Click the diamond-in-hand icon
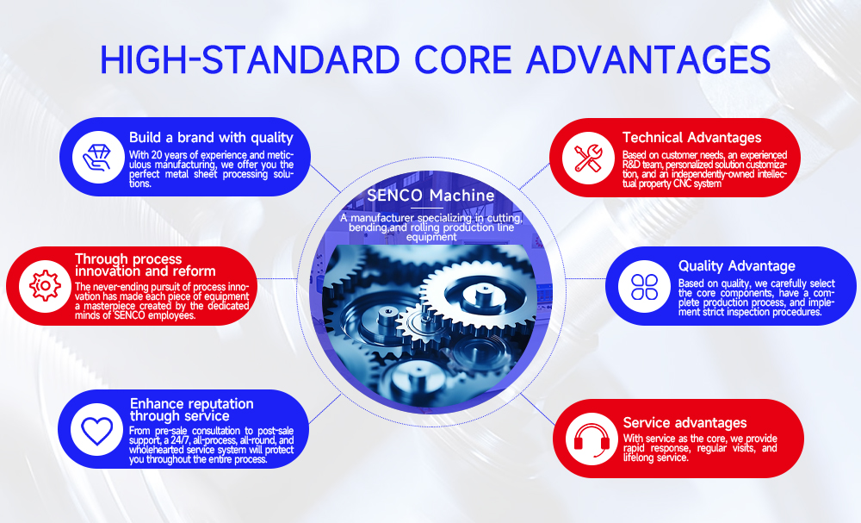97,157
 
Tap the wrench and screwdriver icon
588,159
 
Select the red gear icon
45,286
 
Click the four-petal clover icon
644,286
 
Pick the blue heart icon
96,430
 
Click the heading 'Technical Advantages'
692,137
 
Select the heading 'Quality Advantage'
737,266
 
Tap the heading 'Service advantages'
684,422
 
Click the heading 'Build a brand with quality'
211,138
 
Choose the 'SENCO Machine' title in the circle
430,195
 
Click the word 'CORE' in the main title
463,59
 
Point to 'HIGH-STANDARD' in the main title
250,59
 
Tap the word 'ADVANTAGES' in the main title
648,59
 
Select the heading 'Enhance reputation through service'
192,410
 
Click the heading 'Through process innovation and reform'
145,265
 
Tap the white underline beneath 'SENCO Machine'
427,209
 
